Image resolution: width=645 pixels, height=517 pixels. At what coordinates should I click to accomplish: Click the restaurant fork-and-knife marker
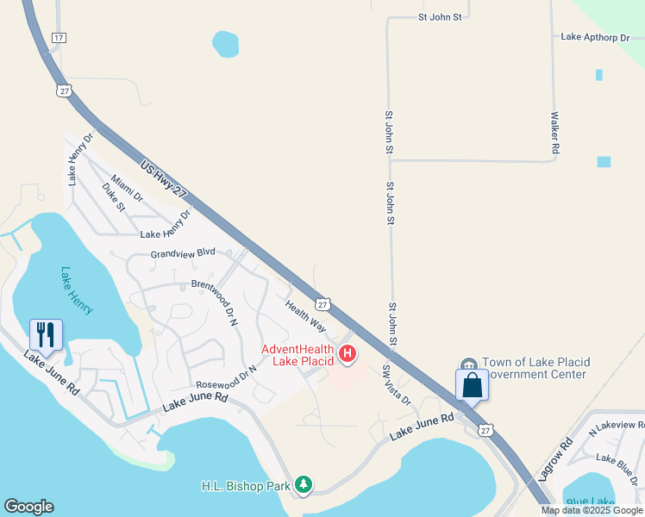point(47,333)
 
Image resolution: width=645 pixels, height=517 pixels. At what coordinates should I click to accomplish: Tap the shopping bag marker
point(472,384)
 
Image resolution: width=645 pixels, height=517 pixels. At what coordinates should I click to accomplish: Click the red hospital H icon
point(348,353)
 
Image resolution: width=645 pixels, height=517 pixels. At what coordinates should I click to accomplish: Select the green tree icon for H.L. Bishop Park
point(303,486)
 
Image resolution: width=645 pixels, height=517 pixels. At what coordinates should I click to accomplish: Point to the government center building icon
point(469,364)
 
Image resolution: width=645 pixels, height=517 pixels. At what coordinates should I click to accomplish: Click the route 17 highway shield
point(59,38)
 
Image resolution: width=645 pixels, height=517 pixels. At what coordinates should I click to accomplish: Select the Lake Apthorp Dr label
point(596,37)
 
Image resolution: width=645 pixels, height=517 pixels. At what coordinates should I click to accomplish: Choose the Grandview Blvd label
point(183,254)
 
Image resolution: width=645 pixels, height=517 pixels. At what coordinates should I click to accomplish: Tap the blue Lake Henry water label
point(77,290)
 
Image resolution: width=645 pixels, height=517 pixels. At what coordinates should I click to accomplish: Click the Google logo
point(28,507)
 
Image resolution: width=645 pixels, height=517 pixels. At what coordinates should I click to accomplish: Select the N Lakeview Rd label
point(616,427)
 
